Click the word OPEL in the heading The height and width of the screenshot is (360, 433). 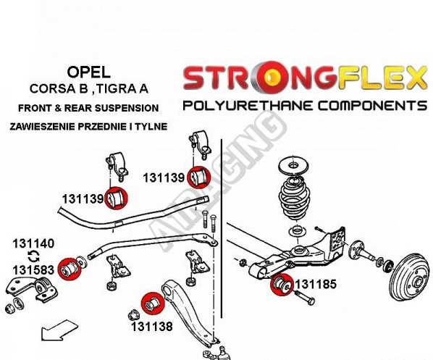click(88, 72)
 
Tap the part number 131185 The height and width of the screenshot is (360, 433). click(316, 284)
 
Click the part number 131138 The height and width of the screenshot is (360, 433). click(151, 327)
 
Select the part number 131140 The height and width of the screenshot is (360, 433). click(33, 243)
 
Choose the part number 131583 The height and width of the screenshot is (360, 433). click(33, 270)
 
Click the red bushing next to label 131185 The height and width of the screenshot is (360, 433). click(282, 284)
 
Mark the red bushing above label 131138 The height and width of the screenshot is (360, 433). click(153, 304)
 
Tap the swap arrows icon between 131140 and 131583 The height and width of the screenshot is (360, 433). click(34, 256)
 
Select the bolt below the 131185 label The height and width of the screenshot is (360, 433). click(304, 297)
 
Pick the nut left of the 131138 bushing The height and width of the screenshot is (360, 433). click(133, 315)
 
